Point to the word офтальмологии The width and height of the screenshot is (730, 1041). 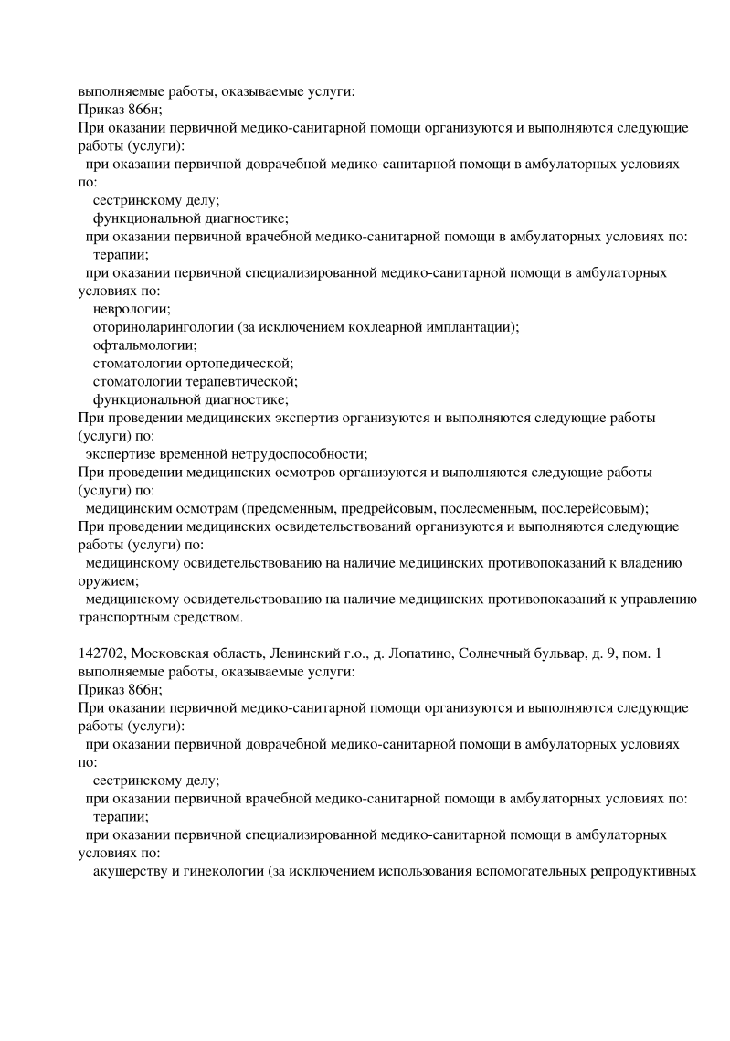click(144, 345)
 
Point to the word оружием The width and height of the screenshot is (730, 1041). click(106, 580)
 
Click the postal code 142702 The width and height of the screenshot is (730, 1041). click(101, 653)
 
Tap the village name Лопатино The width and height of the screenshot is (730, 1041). click(415, 653)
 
